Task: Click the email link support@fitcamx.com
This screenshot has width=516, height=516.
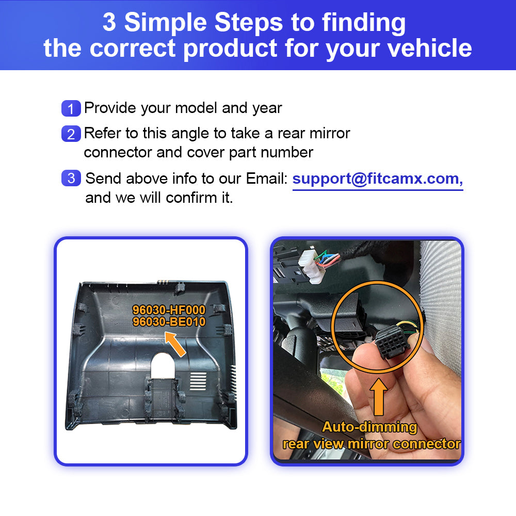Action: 378,180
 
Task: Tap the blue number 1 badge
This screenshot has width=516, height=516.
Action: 71,108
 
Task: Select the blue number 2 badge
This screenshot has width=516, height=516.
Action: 71,134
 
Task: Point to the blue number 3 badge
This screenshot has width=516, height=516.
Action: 71,178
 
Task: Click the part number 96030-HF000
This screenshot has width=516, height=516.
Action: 169,310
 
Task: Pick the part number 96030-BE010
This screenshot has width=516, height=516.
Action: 169,321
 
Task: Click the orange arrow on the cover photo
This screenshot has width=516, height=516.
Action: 175,344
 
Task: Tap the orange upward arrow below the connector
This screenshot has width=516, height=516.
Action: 379,397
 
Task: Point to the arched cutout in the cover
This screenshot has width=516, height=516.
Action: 163,365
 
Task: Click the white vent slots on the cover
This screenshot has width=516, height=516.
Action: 198,381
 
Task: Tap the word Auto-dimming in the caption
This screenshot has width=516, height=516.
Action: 369,427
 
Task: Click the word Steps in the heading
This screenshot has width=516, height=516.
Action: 249,22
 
